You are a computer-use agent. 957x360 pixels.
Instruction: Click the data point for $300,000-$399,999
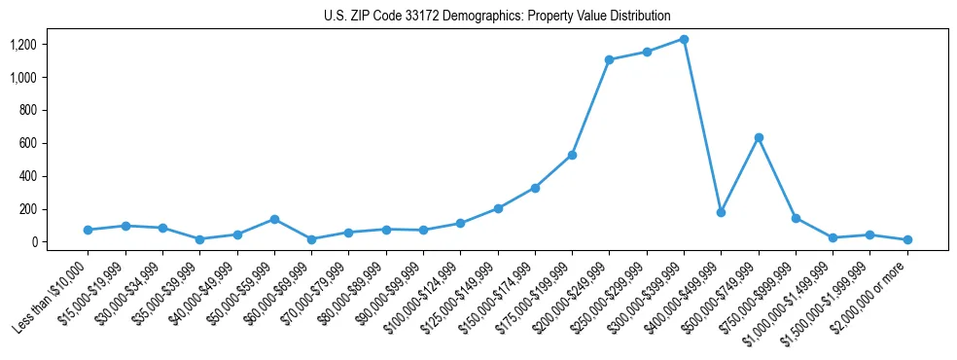[684, 40]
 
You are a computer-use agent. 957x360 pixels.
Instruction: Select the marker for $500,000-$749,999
[759, 138]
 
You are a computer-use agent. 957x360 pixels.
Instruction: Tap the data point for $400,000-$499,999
[721, 212]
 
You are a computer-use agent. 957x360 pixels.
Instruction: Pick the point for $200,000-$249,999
[609, 60]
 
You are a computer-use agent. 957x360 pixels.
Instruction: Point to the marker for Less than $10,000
[88, 231]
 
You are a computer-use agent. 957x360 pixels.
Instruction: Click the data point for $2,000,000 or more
[907, 239]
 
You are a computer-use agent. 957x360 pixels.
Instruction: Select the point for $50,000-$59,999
[274, 220]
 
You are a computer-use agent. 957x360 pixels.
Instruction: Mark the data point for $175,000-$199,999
[572, 156]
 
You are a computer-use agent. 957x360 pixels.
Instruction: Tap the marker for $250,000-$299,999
[647, 52]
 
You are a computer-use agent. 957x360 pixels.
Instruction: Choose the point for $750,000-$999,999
[796, 219]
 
